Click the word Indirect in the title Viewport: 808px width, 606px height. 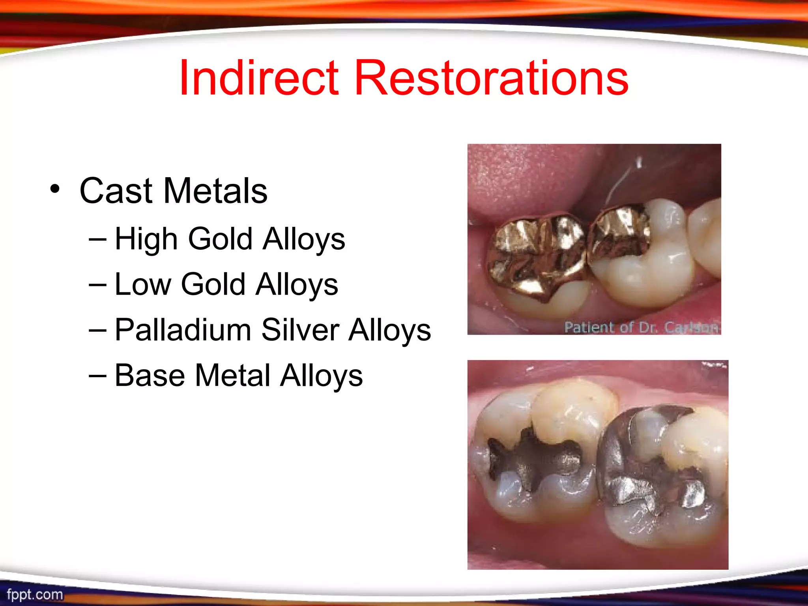pyautogui.click(x=258, y=77)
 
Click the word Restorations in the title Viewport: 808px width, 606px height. pyautogui.click(x=491, y=77)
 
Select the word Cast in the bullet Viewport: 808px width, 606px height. pyautogui.click(x=116, y=191)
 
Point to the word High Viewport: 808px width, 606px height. pyautogui.click(x=146, y=239)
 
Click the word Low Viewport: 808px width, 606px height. pyautogui.click(x=143, y=284)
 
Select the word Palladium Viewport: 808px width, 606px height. pyautogui.click(x=183, y=330)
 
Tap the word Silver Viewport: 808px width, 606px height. pyautogui.click(x=300, y=330)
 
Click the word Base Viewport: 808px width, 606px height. pyautogui.click(x=150, y=375)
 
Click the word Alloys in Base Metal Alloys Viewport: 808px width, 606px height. pyautogui.click(x=321, y=375)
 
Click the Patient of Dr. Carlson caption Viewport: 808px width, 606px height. pyautogui.click(x=641, y=327)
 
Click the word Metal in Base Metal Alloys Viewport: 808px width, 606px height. pyautogui.click(x=232, y=375)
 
